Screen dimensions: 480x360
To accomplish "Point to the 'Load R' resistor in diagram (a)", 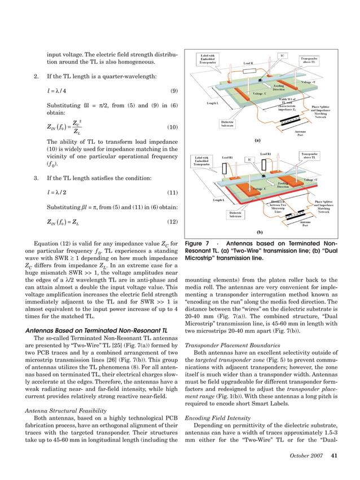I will click(252, 64).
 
